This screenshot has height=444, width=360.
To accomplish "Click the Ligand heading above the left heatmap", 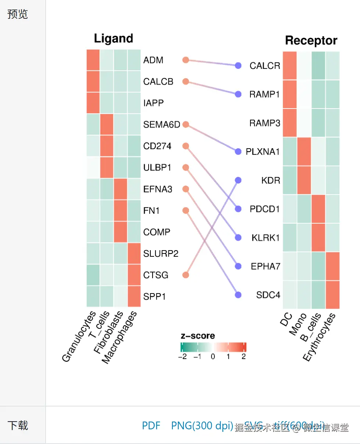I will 113,39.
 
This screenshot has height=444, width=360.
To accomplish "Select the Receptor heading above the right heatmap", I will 311,40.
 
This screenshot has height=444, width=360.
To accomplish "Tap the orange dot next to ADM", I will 186,60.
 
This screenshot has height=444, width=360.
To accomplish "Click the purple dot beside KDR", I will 238,180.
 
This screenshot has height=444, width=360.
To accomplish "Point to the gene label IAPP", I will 153,103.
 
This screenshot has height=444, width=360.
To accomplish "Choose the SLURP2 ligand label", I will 161,254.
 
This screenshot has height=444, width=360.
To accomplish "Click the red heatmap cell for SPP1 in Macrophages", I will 134,296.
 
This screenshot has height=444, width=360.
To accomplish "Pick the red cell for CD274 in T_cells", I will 107,146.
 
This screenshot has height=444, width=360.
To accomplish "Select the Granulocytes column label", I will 79,337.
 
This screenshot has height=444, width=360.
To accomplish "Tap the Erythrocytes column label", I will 319,337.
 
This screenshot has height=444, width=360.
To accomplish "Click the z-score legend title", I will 198,336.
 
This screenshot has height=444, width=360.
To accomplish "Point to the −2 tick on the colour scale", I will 182,356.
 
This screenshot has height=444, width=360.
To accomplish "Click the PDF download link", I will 151,426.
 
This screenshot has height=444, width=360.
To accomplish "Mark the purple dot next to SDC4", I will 238,295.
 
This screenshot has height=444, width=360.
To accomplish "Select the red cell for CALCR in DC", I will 290,65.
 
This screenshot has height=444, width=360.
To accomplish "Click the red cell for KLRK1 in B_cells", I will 318,237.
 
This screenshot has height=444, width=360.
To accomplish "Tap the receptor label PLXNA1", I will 263,152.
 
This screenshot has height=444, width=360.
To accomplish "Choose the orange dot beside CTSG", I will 186,275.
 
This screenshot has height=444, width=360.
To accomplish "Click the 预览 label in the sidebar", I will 17,15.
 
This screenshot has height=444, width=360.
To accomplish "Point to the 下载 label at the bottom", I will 17,426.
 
